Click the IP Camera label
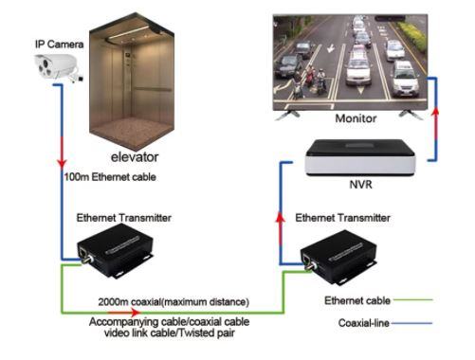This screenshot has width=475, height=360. (60, 45)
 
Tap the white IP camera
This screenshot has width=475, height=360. (58, 67)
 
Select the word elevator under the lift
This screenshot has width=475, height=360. (135, 157)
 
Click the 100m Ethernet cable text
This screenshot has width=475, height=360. (110, 177)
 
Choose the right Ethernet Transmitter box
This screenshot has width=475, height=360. (338, 257)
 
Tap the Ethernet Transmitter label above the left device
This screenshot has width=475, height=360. (124, 218)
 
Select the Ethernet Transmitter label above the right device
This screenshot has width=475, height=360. (343, 218)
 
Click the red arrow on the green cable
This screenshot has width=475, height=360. (125, 313)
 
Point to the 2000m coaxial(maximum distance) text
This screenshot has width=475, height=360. (174, 302)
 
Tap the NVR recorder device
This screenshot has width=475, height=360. (360, 157)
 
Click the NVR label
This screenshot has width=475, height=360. (360, 184)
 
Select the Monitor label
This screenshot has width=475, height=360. (356, 118)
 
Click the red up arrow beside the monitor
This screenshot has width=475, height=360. (436, 124)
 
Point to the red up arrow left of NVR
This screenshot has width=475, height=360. (280, 228)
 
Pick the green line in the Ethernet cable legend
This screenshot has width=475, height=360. (412, 299)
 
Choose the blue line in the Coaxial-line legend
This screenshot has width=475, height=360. (411, 323)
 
